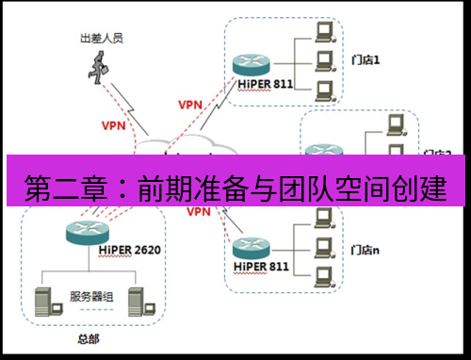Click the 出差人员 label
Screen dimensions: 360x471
pos(102,41)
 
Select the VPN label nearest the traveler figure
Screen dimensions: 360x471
pos(112,123)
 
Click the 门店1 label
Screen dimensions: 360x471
pos(363,59)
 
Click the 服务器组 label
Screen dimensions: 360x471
pos(92,296)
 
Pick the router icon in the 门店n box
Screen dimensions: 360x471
pos(252,247)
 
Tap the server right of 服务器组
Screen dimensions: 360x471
pos(134,299)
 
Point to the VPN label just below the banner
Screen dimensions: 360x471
pos(199,212)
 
